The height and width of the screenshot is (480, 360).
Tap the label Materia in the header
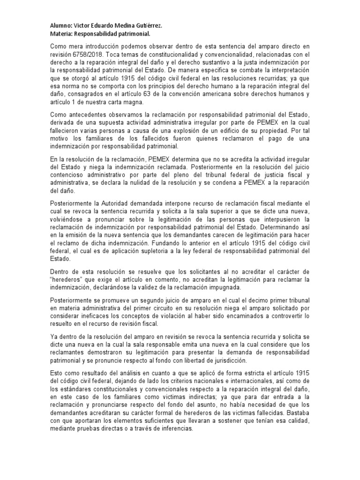(61, 34)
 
